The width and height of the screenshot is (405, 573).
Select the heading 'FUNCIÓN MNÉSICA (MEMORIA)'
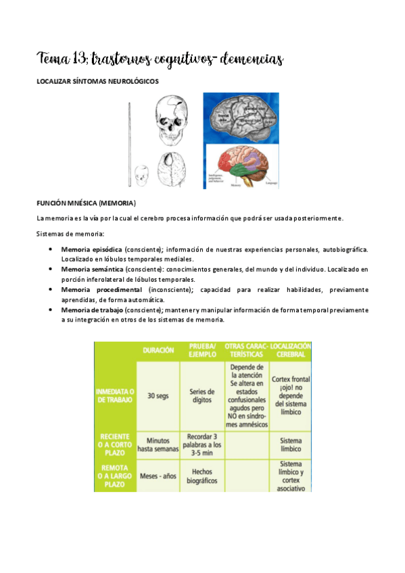[86, 203]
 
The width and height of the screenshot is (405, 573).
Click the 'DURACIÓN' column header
[158, 351]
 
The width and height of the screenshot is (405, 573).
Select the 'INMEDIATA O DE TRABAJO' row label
[114, 395]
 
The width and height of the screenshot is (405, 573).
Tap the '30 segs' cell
[158, 396]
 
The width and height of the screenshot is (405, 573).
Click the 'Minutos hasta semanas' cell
[158, 444]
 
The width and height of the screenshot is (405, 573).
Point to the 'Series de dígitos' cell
[202, 396]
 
